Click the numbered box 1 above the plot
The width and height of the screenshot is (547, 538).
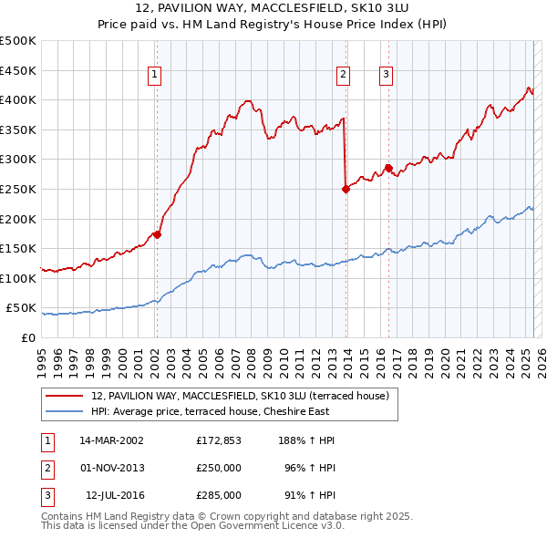(x=155, y=76)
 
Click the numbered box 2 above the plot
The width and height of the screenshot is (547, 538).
(x=344, y=76)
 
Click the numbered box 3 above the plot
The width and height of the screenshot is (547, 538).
(x=387, y=76)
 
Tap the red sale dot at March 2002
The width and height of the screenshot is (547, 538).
(x=157, y=234)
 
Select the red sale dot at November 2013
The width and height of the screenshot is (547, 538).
(x=346, y=189)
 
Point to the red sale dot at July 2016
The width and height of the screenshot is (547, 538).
(x=388, y=168)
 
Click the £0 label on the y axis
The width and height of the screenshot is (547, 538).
(x=27, y=338)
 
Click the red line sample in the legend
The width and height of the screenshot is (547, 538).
(x=64, y=396)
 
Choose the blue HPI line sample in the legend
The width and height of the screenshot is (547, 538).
(x=64, y=411)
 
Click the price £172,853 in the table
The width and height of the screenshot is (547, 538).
(x=219, y=440)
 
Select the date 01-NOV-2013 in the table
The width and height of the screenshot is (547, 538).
(x=112, y=468)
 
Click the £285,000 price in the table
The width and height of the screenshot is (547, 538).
(x=219, y=495)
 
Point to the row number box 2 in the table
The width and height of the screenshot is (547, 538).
(x=46, y=468)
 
